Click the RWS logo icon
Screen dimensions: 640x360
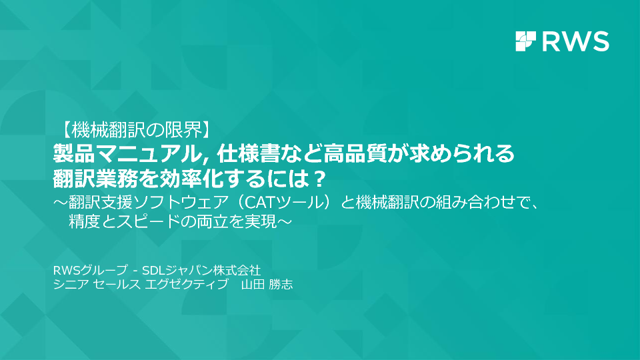click(526, 41)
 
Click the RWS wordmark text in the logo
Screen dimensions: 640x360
click(575, 41)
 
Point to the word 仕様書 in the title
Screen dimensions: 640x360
click(247, 154)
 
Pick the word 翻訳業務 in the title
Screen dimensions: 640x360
click(94, 179)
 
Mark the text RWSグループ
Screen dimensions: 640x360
click(90, 270)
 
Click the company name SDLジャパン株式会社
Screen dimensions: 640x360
click(201, 270)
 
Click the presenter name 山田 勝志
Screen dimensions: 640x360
click(267, 284)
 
